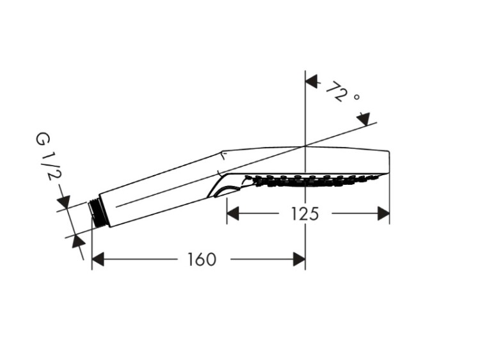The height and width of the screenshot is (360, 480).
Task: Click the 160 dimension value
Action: tap(202, 260)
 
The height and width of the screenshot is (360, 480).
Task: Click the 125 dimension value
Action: tap(305, 214)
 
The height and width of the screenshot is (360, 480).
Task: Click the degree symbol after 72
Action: tap(356, 97)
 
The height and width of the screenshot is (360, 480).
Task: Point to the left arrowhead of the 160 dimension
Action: tap(98, 260)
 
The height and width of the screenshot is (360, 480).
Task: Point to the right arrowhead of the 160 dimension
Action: tap(299, 260)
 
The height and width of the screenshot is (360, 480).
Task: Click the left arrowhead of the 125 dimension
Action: tap(233, 214)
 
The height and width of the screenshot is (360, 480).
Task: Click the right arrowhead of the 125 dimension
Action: tap(383, 214)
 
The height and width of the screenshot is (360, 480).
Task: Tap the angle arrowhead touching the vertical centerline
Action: tap(312, 82)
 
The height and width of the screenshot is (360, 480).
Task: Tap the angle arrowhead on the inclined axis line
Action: tap(364, 119)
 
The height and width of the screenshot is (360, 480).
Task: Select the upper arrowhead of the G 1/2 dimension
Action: tap(64, 202)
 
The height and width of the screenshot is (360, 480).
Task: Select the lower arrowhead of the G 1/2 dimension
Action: tap(78, 242)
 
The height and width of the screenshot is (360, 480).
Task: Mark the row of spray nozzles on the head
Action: tap(312, 180)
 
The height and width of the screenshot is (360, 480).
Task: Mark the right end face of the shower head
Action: tap(389, 162)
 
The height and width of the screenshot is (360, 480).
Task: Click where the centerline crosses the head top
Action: tap(305, 146)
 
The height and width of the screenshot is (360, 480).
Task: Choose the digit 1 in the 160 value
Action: tap(191, 260)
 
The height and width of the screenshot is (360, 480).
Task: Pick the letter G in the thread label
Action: tap(42, 139)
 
